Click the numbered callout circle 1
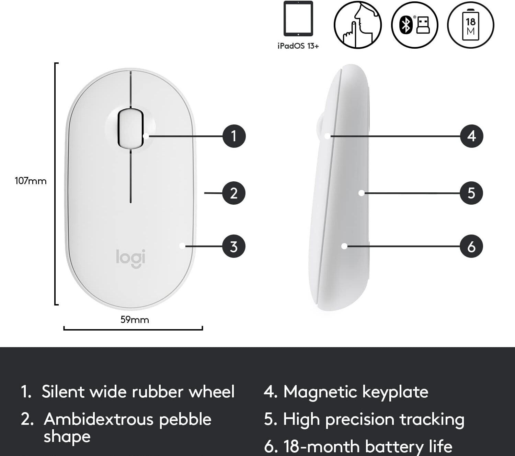[x=234, y=136]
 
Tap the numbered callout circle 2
[x=234, y=193]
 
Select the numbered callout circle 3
[x=234, y=246]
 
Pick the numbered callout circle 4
[x=471, y=136]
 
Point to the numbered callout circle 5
[x=471, y=193]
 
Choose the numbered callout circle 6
[x=471, y=246]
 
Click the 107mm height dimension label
[x=31, y=181]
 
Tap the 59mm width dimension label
[x=135, y=320]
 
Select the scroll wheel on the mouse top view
[x=130, y=128]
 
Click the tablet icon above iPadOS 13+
[x=298, y=19]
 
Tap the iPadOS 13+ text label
[x=298, y=46]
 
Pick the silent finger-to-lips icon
[x=357, y=24]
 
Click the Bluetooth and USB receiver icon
[x=414, y=24]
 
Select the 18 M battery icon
[x=470, y=24]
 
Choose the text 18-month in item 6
[x=321, y=446]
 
